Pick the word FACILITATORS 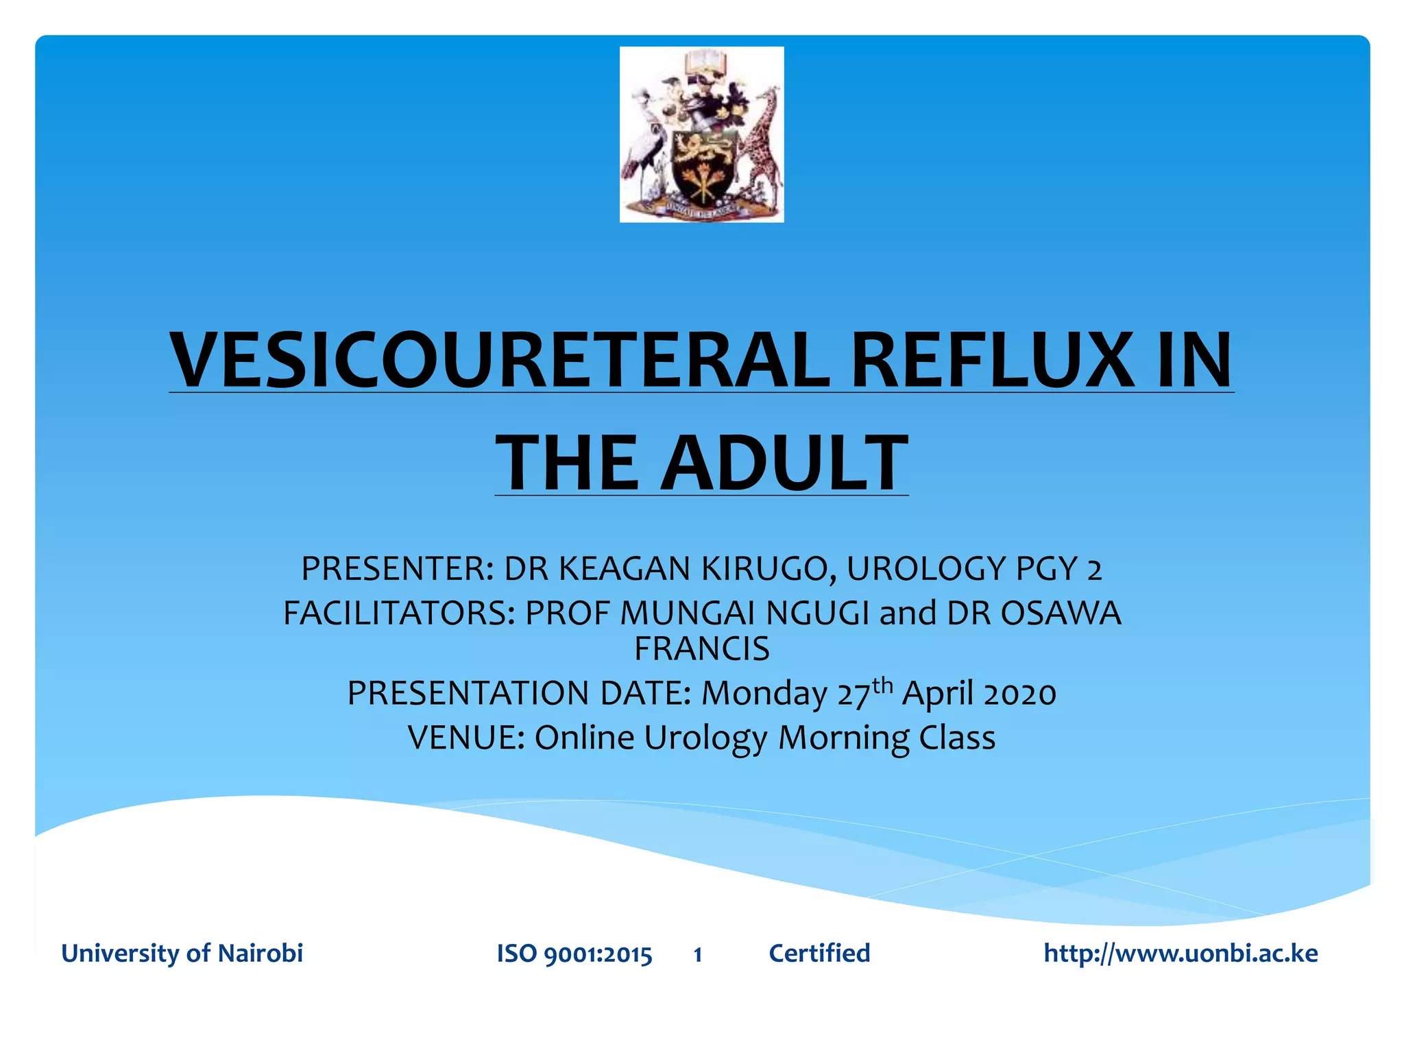pos(398,613)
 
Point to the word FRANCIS pos(701,649)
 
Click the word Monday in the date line pos(764,693)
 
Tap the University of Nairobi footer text pos(182,953)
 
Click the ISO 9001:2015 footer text pos(574,954)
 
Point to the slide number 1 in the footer pos(697,954)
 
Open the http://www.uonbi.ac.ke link pos(1180,953)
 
